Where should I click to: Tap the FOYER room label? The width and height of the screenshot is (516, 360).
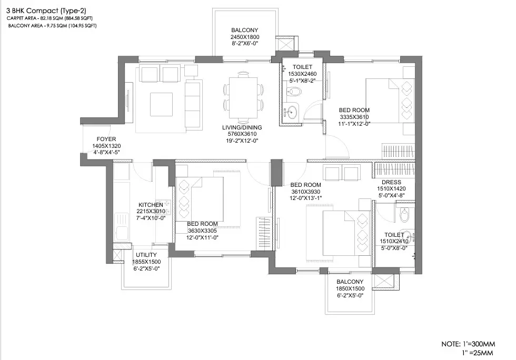[91, 139]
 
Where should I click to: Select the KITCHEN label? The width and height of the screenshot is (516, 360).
[151, 204]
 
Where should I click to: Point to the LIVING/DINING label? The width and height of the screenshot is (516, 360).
[242, 127]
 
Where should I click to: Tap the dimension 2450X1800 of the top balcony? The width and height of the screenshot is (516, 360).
[245, 37]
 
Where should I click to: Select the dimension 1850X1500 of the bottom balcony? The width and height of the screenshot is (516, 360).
[351, 289]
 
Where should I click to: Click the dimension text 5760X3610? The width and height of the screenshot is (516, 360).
[242, 134]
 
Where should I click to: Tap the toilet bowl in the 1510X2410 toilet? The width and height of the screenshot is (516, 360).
[404, 215]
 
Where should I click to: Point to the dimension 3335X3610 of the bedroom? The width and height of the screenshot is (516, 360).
[354, 117]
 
